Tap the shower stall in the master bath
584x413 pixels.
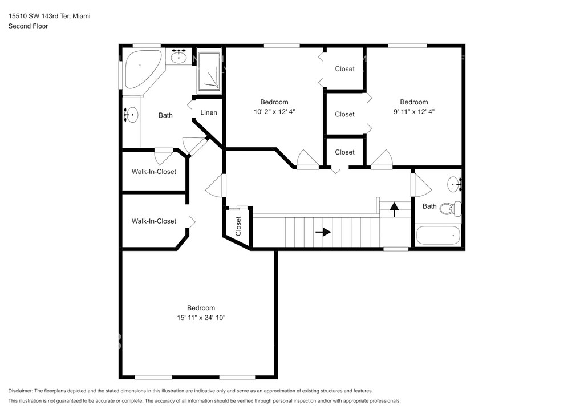(x=209, y=71)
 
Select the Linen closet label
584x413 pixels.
(x=209, y=112)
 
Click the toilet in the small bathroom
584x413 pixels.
(x=451, y=209)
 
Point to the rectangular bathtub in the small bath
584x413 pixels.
(x=438, y=236)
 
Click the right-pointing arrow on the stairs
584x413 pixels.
(x=323, y=232)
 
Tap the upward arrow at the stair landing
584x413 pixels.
(x=394, y=209)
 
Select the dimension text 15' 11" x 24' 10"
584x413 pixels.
(x=201, y=318)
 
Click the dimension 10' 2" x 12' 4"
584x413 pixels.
(x=274, y=111)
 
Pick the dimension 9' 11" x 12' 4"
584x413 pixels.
(x=414, y=111)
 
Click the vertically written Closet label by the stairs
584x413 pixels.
(x=238, y=226)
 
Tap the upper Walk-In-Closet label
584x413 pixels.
(x=154, y=172)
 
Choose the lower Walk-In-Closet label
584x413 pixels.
(x=154, y=221)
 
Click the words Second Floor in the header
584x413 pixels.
(x=28, y=26)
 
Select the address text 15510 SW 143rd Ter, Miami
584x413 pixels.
(x=49, y=16)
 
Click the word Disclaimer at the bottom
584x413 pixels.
(x=20, y=391)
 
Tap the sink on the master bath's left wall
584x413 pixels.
(x=131, y=115)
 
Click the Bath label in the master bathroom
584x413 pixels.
(x=165, y=115)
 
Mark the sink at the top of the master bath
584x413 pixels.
(x=179, y=57)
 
